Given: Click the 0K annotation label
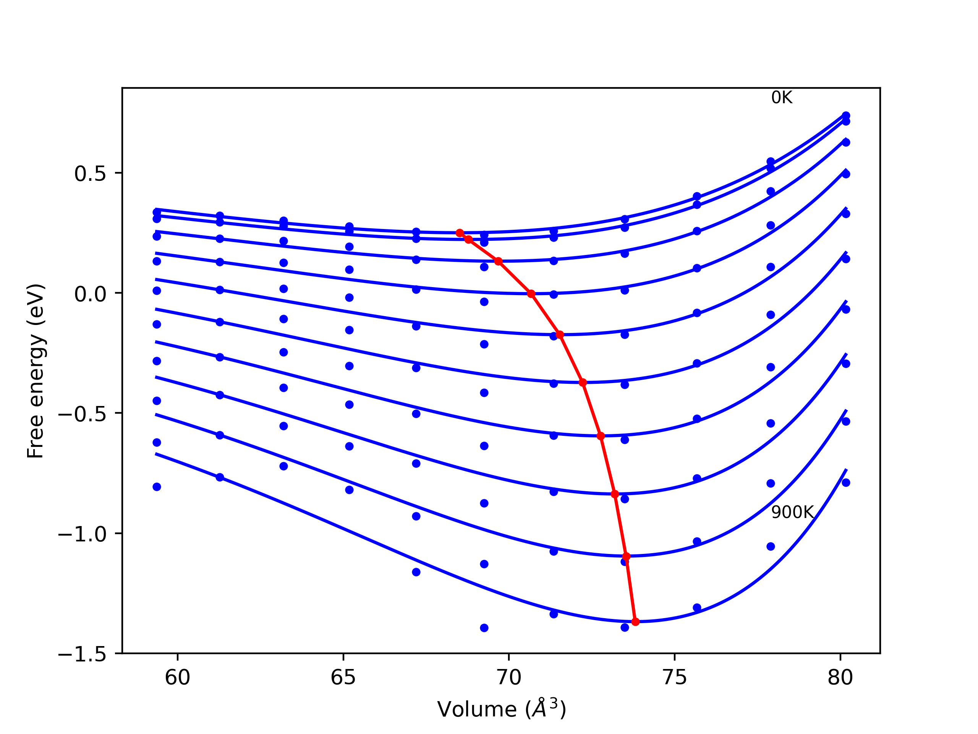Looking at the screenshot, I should pyautogui.click(x=782, y=98).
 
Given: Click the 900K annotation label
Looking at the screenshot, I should pyautogui.click(x=792, y=512).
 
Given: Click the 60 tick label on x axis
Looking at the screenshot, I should pyautogui.click(x=177, y=678).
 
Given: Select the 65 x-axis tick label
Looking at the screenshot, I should pyautogui.click(x=343, y=678).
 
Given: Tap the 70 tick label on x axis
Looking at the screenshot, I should pyautogui.click(x=509, y=678).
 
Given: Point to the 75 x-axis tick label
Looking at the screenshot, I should pyautogui.click(x=675, y=678).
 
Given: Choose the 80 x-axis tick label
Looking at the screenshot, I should pyautogui.click(x=840, y=678).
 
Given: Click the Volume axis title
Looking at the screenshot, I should pyautogui.click(x=501, y=710).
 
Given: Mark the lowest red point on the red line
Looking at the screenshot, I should pyautogui.click(x=635, y=622).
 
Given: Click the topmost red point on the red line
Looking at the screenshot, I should pyautogui.click(x=460, y=233).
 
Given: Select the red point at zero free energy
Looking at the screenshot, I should pyautogui.click(x=531, y=294).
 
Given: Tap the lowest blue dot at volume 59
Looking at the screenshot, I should pyautogui.click(x=157, y=487).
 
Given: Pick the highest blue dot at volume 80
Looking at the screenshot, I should pyautogui.click(x=846, y=115).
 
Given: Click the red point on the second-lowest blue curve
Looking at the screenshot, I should pyautogui.click(x=626, y=556).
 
